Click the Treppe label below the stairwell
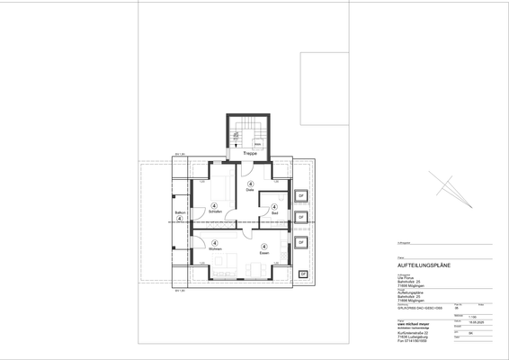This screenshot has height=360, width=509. (250, 155)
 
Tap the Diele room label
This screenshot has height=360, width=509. (250, 191)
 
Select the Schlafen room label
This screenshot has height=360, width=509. (214, 212)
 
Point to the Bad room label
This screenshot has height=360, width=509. (273, 211)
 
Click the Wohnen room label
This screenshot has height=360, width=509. (214, 251)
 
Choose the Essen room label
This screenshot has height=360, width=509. (264, 253)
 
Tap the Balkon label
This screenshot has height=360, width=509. (180, 211)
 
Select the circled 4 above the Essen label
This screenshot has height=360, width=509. (264, 246)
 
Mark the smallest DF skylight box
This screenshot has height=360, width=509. (303, 273)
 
